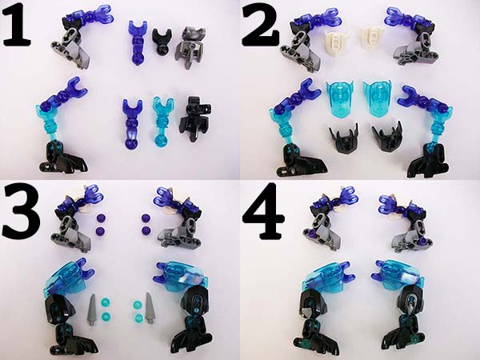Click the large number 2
coord(260,26)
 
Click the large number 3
coord(19,212)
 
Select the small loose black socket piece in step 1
coord(161,42)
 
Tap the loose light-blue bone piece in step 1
coord(162,122)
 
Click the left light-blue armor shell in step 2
coord(338,98)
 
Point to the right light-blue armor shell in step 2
coord(378,98)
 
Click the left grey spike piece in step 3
coord(93,309)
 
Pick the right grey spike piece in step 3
coord(150,308)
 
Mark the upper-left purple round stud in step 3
coord(101,218)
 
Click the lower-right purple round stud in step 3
coord(146,230)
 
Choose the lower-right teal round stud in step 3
coord(138,318)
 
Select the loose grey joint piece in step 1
coord(190,46)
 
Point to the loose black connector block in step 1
coord(195,122)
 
